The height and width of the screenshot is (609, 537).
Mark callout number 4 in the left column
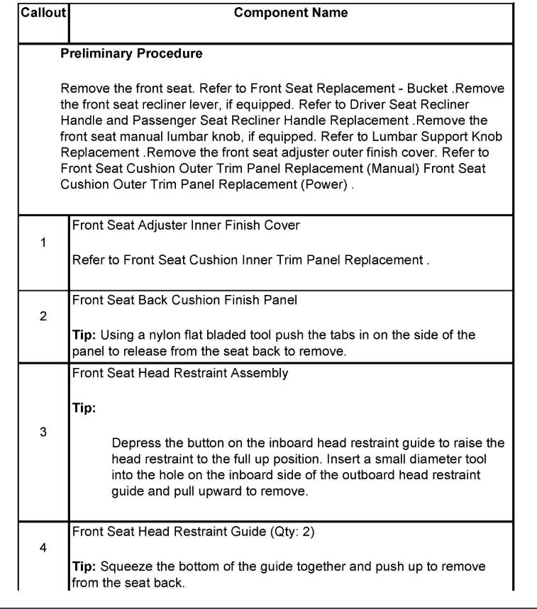click(43, 546)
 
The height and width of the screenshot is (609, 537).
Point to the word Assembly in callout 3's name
click(261, 374)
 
